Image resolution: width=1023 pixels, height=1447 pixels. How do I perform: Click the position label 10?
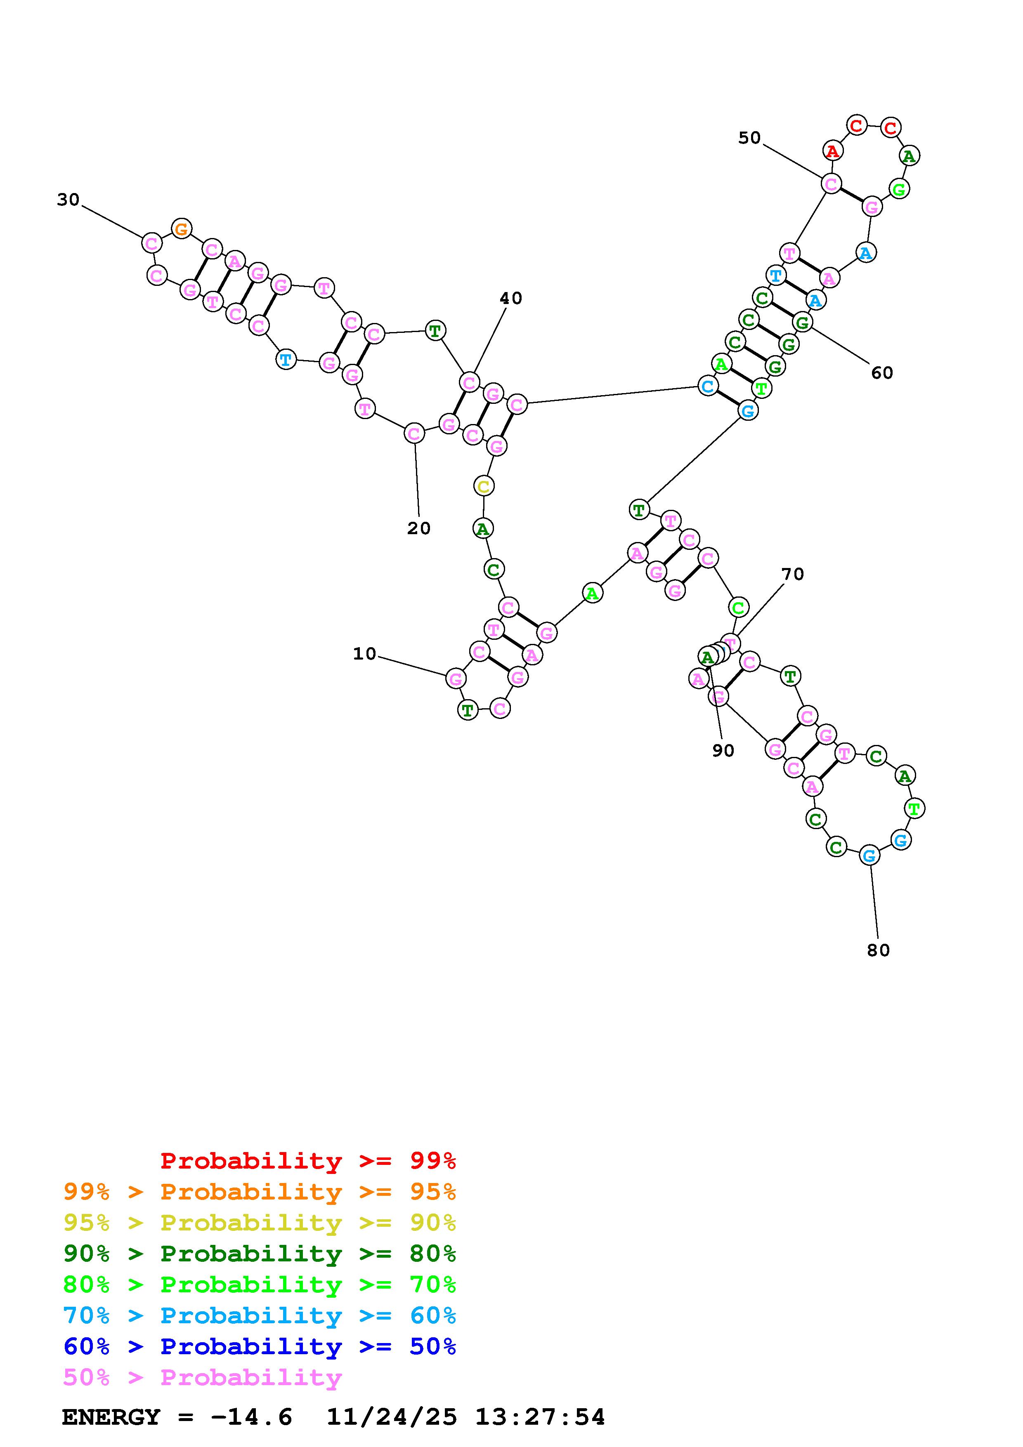[x=364, y=654]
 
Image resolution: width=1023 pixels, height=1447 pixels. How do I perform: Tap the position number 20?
[x=418, y=528]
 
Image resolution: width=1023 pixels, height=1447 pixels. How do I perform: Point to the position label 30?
[x=68, y=200]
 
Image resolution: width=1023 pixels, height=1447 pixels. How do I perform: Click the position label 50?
[x=749, y=138]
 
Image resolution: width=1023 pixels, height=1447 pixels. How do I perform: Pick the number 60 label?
[x=882, y=373]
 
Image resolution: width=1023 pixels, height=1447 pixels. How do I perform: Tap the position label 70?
[x=792, y=574]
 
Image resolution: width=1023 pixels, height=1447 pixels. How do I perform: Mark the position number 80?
[x=878, y=950]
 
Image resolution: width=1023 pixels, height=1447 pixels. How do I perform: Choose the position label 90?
[x=723, y=751]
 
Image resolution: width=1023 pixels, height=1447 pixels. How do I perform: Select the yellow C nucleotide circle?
[x=484, y=487]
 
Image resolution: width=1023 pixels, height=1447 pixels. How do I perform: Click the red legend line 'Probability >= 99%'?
[x=308, y=1161]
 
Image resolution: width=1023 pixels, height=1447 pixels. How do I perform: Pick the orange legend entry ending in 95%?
[x=260, y=1192]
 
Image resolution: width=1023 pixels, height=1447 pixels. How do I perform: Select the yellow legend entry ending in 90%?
[x=260, y=1223]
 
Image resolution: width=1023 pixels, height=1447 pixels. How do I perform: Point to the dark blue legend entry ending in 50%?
[x=260, y=1346]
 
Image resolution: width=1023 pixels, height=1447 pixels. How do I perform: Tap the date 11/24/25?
[x=392, y=1417]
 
